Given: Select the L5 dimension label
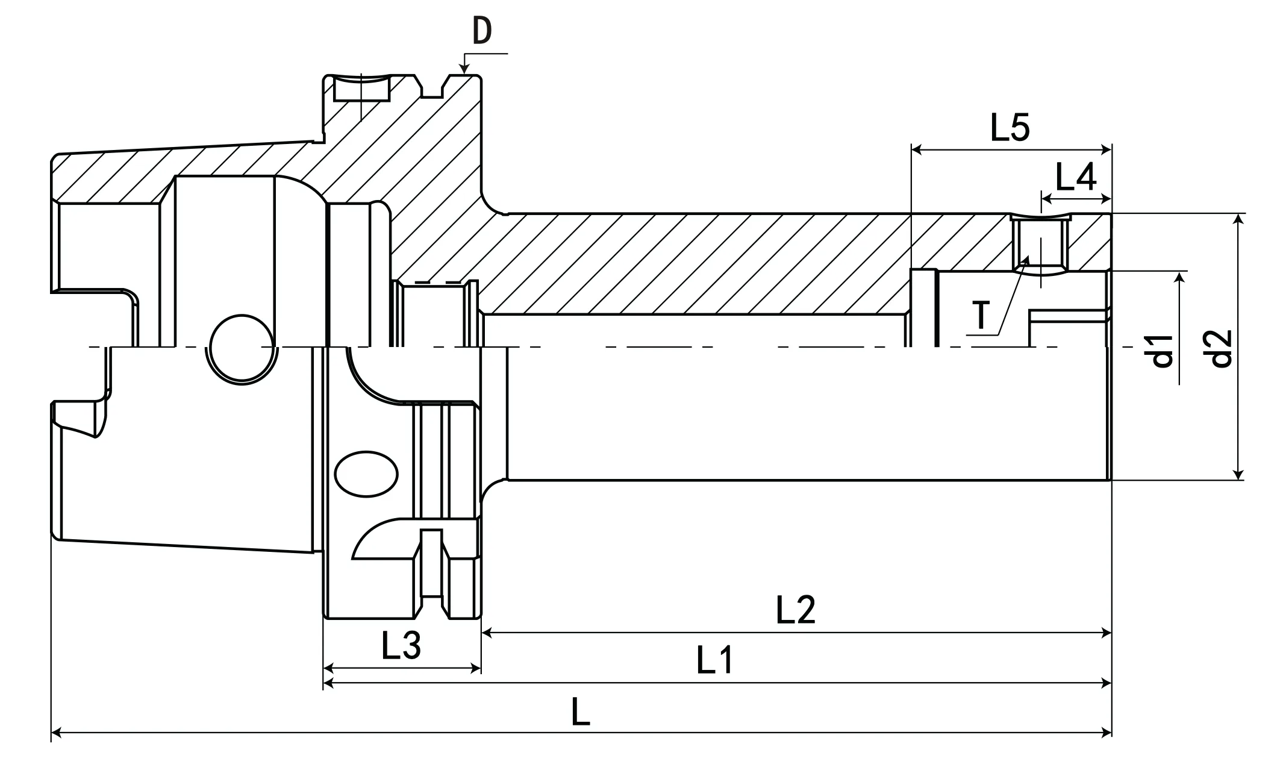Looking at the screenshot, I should coord(1010,128).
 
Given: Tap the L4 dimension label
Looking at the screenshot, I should coord(1076,178).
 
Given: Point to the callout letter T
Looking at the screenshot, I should coord(982,314).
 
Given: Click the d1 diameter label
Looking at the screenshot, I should coord(1162,351).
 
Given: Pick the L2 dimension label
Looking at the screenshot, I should coord(795,610).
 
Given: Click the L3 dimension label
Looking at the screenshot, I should coord(401,645).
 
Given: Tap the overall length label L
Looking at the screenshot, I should coord(580,712).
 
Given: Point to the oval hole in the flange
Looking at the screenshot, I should coord(366,474).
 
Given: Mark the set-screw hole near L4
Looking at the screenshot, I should coord(1040,246).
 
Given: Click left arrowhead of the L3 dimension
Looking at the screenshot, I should coord(329,668).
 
